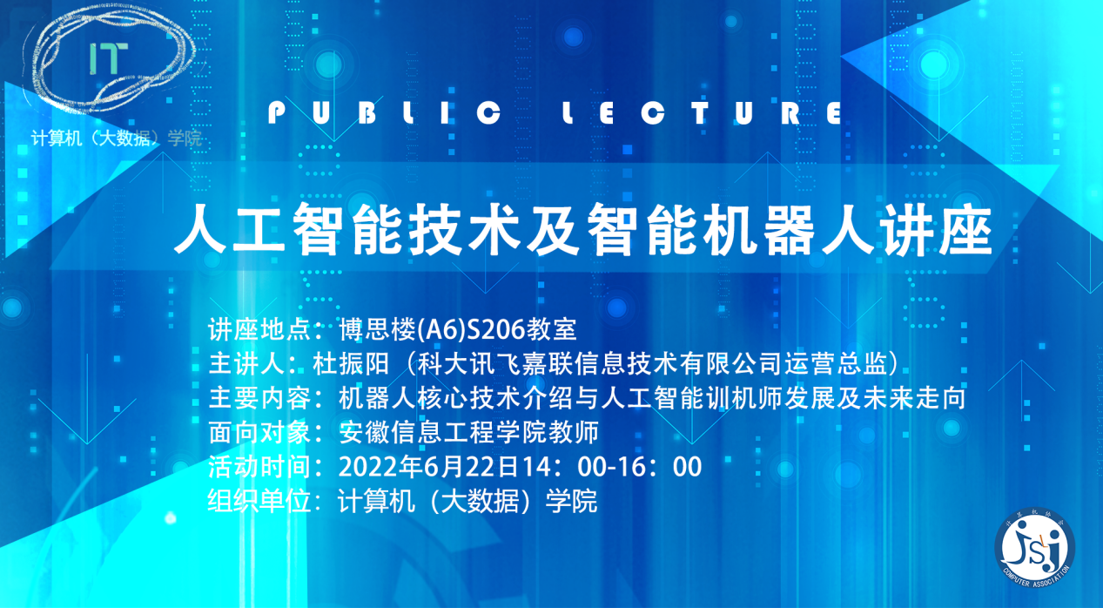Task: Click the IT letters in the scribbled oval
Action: (x=108, y=58)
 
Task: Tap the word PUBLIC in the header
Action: (x=385, y=113)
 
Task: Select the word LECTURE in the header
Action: (x=703, y=113)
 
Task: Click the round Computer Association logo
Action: (x=1034, y=547)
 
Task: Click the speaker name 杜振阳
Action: (x=351, y=364)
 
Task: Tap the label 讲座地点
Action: (x=259, y=329)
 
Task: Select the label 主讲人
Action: (x=246, y=364)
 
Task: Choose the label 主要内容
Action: (x=259, y=398)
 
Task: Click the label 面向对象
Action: (x=259, y=432)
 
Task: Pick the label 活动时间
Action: (x=259, y=467)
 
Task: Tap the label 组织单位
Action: (x=259, y=501)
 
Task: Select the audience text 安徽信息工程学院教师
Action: (x=468, y=432)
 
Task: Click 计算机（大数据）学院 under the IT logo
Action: (x=116, y=138)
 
